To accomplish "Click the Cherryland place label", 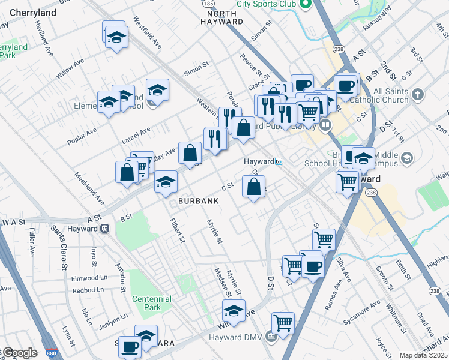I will tap(33, 13).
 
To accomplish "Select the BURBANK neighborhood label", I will tap(197, 202).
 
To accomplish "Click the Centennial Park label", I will tap(151, 303).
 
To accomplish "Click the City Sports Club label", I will tap(267, 4).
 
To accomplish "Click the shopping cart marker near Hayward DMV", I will tap(283, 323).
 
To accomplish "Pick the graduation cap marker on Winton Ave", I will tap(234, 311).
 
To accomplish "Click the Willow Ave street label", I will tap(70, 70).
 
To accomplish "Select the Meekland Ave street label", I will tap(89, 188).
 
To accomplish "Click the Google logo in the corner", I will tap(19, 353).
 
